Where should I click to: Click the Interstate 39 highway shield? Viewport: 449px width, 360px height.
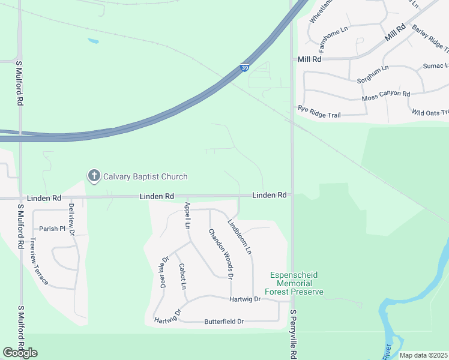click(245, 68)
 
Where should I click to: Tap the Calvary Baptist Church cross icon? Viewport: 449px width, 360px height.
click(94, 176)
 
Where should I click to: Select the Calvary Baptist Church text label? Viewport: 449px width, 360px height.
click(145, 176)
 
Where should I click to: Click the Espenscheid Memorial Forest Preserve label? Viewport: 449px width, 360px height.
click(297, 283)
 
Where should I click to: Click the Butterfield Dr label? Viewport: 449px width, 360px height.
click(224, 322)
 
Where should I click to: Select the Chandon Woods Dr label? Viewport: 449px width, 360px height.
click(220, 253)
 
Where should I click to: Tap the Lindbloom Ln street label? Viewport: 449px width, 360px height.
click(239, 236)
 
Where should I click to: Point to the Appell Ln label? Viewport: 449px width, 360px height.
click(187, 216)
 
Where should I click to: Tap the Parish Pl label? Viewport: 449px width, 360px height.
click(52, 229)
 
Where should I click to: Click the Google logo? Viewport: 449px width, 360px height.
click(20, 353)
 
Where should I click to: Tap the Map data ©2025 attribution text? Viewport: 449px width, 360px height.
click(423, 355)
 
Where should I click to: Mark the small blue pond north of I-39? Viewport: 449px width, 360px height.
click(93, 41)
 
